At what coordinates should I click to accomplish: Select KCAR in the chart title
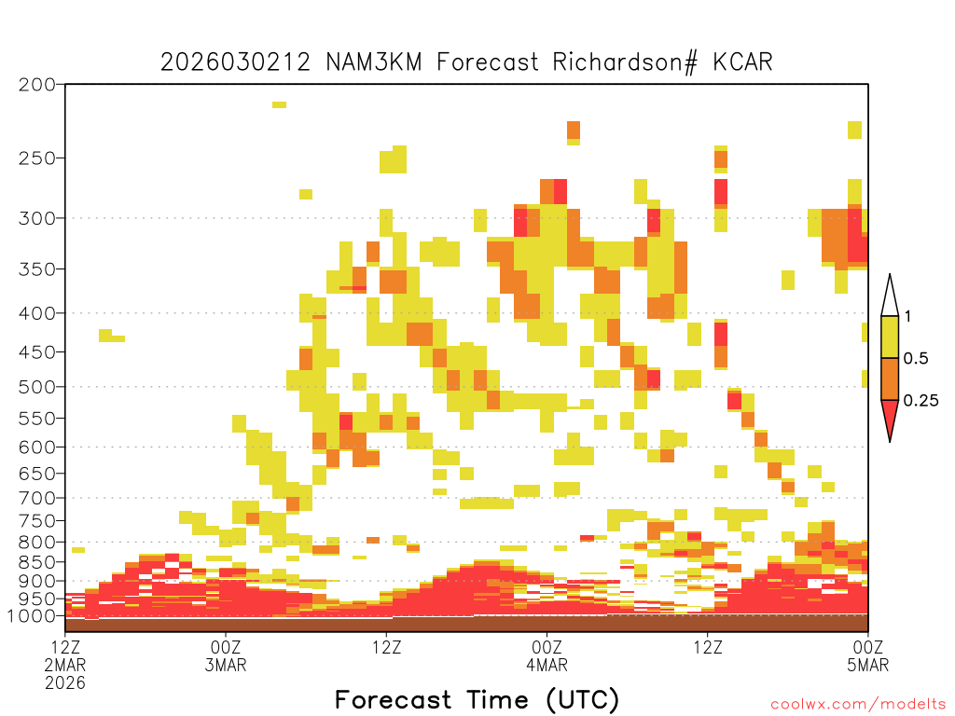742,62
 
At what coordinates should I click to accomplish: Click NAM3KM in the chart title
374,62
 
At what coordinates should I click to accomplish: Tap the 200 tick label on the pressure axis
37,85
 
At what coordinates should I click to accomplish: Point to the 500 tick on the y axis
37,387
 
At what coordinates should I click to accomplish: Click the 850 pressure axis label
37,562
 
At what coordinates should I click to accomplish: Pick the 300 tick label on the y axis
37,218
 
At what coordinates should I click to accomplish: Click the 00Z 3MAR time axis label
226,655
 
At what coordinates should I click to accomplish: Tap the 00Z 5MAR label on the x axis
868,655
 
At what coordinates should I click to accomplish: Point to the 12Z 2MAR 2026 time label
65,665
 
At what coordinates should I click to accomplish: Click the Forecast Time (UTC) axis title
477,699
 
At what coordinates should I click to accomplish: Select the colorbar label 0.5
916,359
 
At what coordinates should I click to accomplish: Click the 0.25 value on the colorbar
920,401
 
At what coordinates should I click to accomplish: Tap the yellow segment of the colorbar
890,337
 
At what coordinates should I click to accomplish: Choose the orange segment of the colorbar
890,379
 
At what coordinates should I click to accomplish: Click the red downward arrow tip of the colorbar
890,440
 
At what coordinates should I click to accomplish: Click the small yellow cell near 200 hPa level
279,104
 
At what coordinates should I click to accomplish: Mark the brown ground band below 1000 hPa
466,624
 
